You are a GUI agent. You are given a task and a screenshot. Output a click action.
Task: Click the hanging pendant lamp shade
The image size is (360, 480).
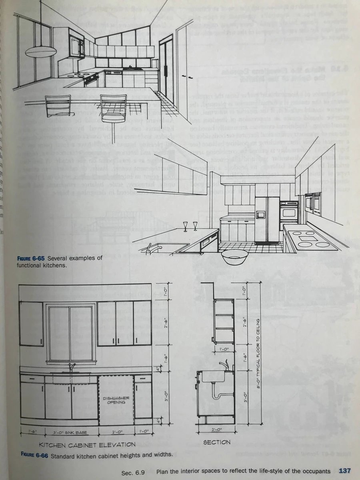point(41,51)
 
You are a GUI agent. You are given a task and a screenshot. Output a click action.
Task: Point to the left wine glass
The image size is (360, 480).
point(185,226)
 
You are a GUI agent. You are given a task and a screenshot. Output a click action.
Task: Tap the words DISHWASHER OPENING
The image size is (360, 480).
point(116,400)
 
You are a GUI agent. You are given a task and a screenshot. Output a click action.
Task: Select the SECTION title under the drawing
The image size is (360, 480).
point(216,442)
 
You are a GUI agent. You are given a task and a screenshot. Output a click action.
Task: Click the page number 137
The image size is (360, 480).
point(345,471)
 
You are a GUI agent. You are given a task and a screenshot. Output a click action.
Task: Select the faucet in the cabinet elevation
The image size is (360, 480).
point(72,367)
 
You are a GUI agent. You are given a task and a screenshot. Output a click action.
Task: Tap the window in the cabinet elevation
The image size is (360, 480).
point(71,334)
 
